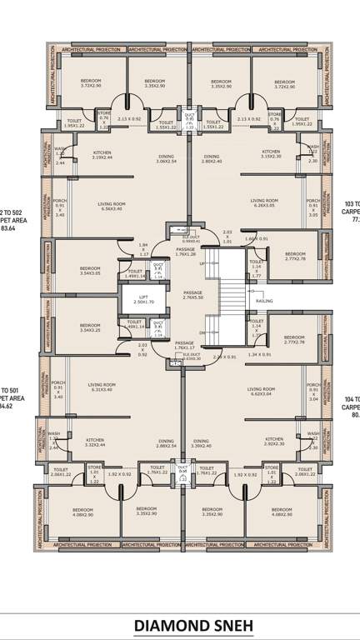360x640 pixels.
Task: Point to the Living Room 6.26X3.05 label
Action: click(264, 202)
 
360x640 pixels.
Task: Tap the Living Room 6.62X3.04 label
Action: click(261, 391)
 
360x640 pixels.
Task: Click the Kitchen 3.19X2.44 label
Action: click(102, 155)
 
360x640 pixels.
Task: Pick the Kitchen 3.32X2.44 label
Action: click(95, 441)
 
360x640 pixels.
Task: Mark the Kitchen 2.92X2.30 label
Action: click(275, 441)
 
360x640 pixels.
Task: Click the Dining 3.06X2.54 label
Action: click(167, 158)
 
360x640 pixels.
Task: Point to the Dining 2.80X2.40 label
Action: click(211, 158)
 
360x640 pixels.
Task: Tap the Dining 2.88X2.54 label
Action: click(167, 443)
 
